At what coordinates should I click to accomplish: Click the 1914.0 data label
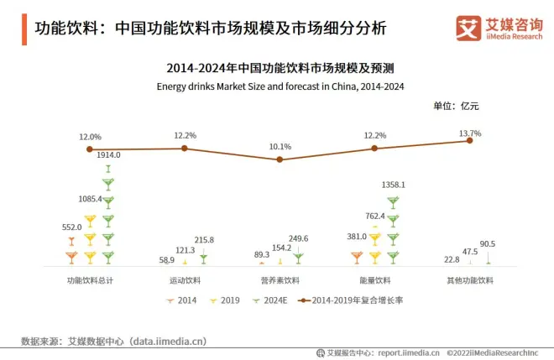[x=109, y=154]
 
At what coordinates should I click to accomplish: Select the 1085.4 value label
[x=89, y=199]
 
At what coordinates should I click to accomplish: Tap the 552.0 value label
[x=72, y=227]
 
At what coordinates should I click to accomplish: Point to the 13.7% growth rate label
[x=470, y=133]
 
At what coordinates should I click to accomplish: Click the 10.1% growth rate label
[x=280, y=147]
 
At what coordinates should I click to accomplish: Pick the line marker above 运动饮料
[x=185, y=149]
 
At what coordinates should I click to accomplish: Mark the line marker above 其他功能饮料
[x=470, y=141]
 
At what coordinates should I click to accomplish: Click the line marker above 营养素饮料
[x=280, y=159]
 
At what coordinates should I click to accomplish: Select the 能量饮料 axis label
[x=375, y=279]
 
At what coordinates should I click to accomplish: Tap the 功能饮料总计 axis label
[x=90, y=279]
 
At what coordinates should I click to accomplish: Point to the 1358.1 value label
[x=393, y=184]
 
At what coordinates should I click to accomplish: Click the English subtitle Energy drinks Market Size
[x=280, y=86]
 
